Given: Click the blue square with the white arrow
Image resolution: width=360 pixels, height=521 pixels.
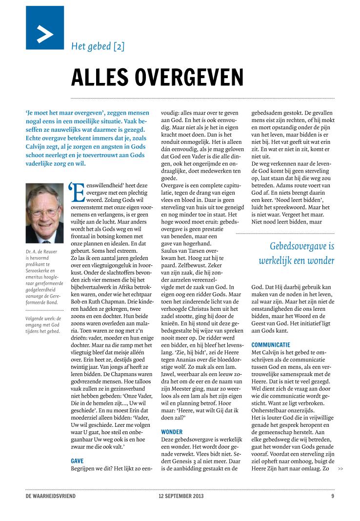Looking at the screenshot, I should pos(45,28).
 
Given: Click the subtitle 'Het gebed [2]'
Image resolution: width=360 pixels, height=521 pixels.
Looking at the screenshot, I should pos(98,47).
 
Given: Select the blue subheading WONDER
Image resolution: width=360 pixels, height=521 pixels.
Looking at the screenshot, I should pos(172,432).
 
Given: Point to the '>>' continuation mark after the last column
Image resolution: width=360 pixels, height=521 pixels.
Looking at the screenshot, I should pos(340,469).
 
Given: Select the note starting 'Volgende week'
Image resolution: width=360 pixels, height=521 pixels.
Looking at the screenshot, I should pos(44,325).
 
